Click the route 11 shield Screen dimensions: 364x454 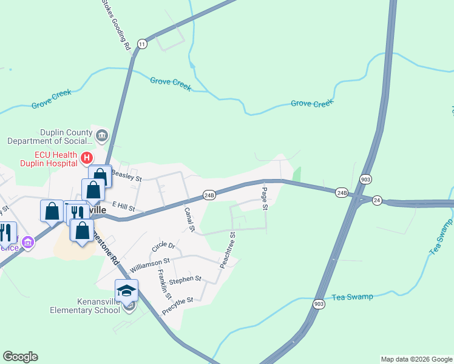[x=142, y=44]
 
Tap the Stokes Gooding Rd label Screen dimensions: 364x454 [x=116, y=25]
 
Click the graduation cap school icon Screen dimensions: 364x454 [x=126, y=291]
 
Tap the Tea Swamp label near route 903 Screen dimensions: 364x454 [x=352, y=297]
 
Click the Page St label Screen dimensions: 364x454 [x=265, y=198]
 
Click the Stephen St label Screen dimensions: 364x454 [x=185, y=280]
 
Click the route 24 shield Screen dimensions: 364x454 [x=377, y=200]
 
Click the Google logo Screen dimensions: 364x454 [x=20, y=357]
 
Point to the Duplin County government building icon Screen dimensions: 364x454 [x=101, y=135]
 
